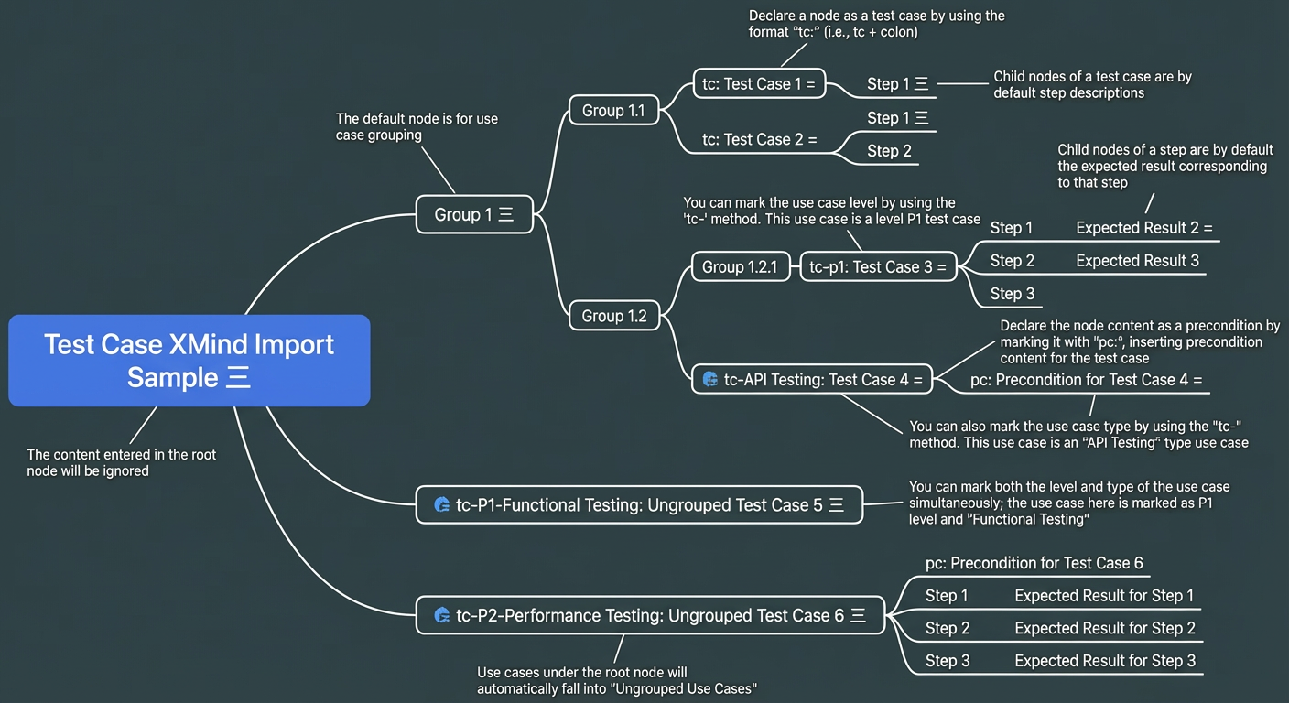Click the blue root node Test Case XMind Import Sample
coord(190,361)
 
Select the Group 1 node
coord(475,214)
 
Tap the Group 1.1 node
coord(614,110)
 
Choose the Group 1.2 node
coord(614,315)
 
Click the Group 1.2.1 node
coord(741,266)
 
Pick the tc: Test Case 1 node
coord(759,83)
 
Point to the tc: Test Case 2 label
coord(760,139)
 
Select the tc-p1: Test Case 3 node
coord(878,266)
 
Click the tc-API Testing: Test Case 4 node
coord(812,379)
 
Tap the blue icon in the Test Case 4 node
coord(710,379)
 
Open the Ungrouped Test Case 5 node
coord(639,504)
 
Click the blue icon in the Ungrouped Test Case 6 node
coord(442,615)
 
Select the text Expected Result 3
coord(1138,261)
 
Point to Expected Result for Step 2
coord(1105,628)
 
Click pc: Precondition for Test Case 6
coord(1034,563)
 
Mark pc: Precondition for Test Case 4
coord(1087,380)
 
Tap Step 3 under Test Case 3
coord(1013,294)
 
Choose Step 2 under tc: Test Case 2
coord(889,151)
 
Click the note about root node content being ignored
coord(122,462)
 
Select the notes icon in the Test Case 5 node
coord(836,505)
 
